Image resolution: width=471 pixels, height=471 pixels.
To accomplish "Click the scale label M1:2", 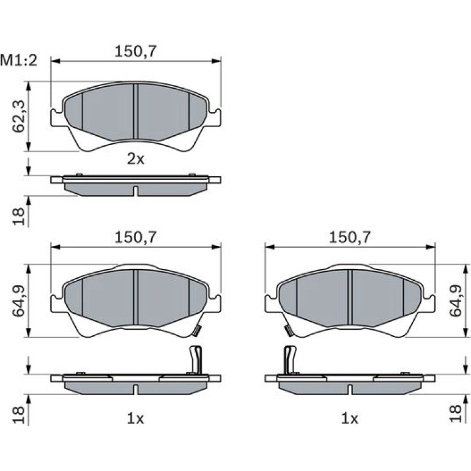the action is click(18, 61).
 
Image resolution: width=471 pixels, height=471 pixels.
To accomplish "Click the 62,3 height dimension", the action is click(18, 116).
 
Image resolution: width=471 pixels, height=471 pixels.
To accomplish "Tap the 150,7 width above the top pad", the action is click(136, 51).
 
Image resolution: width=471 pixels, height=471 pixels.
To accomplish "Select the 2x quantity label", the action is click(136, 159).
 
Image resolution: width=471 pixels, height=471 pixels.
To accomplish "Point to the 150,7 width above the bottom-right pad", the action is click(350, 237).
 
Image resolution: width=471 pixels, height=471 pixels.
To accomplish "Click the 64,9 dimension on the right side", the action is click(455, 300).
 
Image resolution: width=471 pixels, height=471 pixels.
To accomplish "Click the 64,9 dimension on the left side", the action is click(18, 300).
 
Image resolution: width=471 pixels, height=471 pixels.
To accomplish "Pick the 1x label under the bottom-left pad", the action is click(136, 418).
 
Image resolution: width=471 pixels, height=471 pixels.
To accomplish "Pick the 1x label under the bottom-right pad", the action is click(350, 418).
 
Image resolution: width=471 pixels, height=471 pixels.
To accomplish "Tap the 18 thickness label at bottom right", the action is click(455, 414).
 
